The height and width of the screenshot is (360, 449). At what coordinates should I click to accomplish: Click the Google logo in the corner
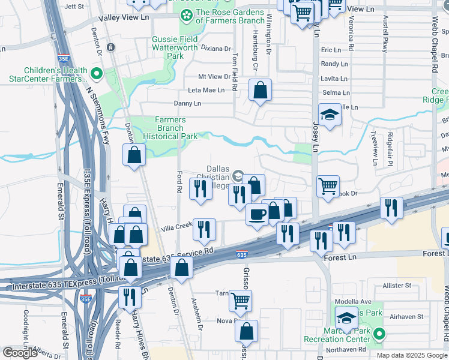20,353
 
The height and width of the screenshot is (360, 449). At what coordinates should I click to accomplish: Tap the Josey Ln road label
316,137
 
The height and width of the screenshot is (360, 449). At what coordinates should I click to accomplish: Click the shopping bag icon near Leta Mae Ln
260,91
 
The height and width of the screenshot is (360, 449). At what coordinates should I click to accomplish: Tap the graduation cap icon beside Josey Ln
330,115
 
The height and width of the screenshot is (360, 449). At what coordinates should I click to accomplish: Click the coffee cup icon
258,214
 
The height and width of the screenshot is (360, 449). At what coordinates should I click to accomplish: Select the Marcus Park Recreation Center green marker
379,334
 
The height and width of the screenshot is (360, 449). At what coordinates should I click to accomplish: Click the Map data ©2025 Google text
411,355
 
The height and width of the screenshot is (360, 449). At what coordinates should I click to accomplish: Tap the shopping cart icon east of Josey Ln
328,186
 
